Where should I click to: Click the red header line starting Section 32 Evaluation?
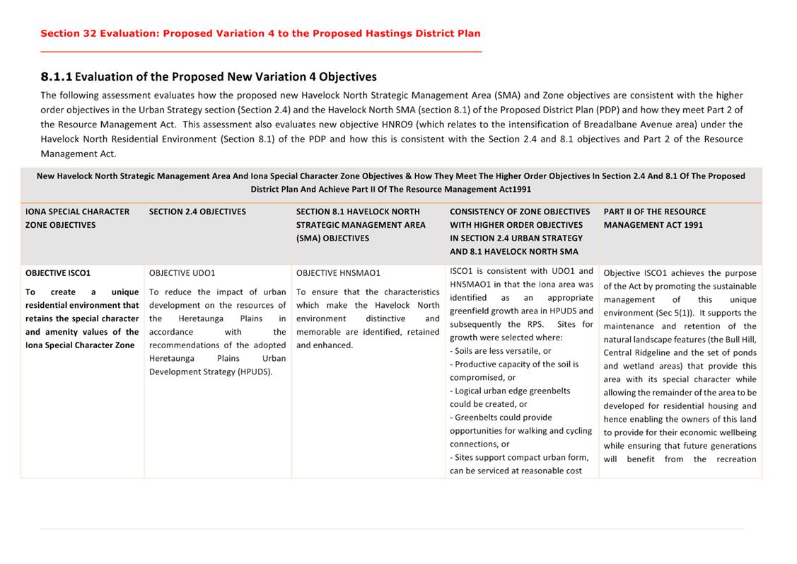tap(260, 33)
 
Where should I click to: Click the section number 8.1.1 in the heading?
tap(56, 76)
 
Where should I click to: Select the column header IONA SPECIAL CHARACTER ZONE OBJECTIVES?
tap(77, 218)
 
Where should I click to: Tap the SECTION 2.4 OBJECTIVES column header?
tap(197, 212)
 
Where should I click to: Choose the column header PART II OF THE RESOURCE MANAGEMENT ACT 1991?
tap(654, 218)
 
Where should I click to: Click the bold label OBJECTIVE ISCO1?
tap(58, 272)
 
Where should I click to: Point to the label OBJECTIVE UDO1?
tap(182, 272)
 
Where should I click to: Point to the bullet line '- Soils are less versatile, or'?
tap(500, 351)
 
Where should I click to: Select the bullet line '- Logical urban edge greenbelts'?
tap(509, 391)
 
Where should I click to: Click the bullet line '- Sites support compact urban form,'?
tap(519, 457)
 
